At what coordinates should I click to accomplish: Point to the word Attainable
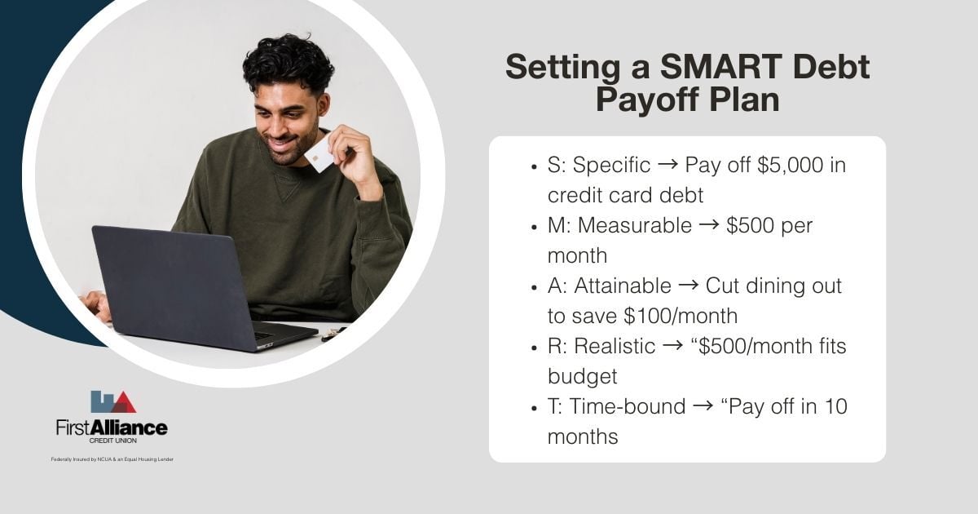pyautogui.click(x=623, y=286)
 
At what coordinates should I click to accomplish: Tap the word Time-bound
pyautogui.click(x=628, y=406)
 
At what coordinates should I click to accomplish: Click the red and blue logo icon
pyautogui.click(x=112, y=402)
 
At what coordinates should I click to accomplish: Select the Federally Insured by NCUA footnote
pyautogui.click(x=112, y=459)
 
